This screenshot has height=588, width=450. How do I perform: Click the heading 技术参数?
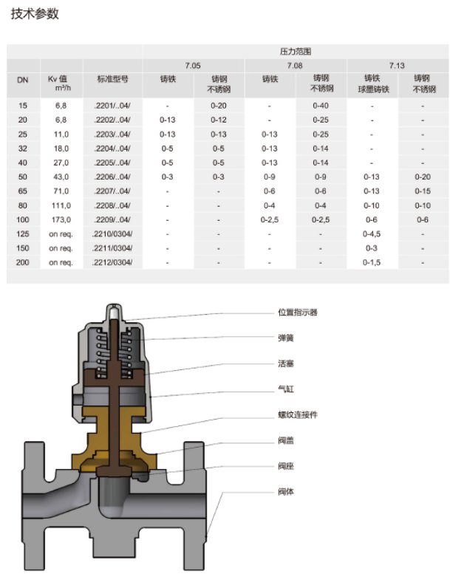(35, 14)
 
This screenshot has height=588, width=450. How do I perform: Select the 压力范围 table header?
(296, 52)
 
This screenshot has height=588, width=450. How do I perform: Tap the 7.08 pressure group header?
(296, 65)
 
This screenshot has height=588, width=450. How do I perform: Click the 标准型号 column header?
(113, 78)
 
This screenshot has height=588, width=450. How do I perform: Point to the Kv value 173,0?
(60, 219)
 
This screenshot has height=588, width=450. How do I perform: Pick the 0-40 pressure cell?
(321, 106)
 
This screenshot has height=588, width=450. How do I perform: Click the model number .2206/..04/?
(113, 177)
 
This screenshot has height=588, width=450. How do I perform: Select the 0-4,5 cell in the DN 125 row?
(372, 233)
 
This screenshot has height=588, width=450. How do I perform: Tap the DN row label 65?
(23, 191)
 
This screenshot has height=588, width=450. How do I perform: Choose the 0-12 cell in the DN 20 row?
(219, 120)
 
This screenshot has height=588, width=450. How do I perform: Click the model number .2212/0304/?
(113, 262)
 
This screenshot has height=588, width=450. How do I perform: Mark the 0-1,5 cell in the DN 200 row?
(372, 262)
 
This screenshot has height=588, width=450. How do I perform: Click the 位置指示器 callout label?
(298, 312)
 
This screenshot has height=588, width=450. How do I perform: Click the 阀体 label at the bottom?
(286, 491)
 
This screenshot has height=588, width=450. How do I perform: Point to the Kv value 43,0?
(60, 177)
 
